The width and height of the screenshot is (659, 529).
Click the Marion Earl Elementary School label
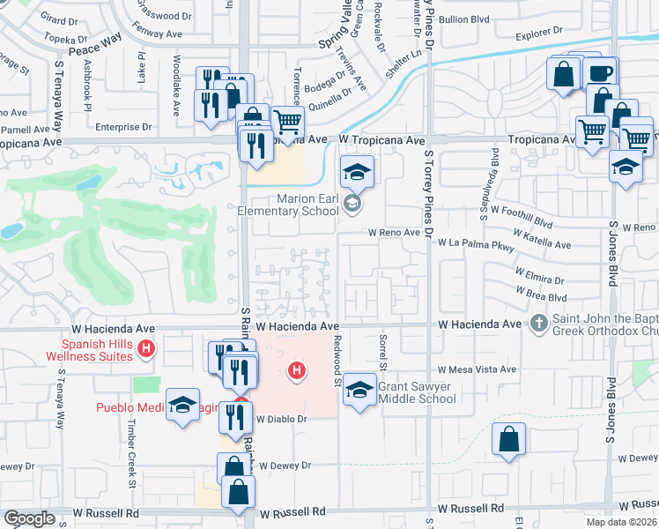[x=289, y=205]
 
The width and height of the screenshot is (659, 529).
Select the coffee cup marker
[x=601, y=74]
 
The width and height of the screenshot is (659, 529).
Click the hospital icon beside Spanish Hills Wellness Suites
[x=147, y=350]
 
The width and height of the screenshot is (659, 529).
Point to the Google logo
[x=29, y=518]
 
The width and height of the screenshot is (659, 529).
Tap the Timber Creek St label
[x=132, y=458]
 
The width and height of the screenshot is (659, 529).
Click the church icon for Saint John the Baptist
[x=539, y=324]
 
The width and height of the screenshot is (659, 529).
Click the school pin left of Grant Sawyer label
[x=359, y=390]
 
